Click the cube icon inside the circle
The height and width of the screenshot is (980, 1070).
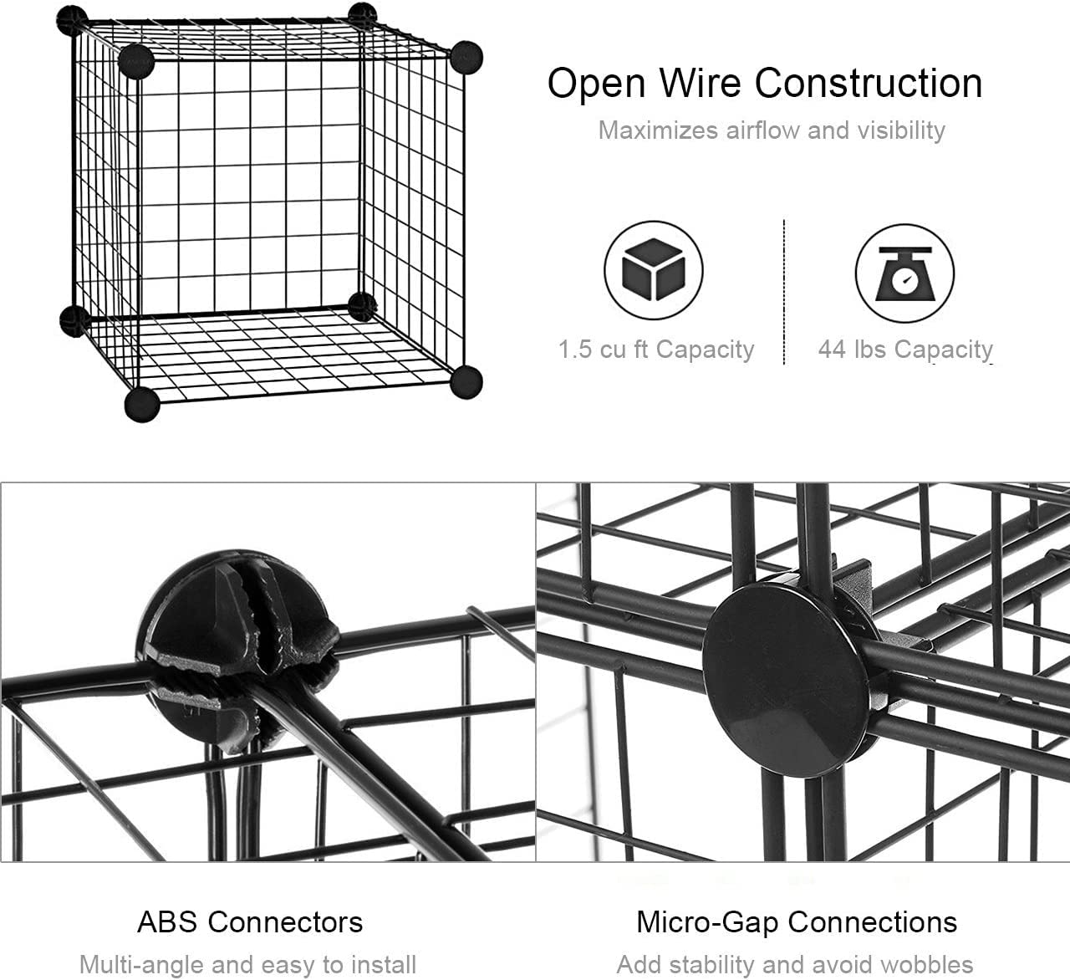point(654,269)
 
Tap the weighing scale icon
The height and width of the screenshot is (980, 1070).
point(904,273)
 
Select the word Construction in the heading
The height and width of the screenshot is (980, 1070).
point(869,84)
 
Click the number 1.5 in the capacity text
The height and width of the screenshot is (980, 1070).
point(575,350)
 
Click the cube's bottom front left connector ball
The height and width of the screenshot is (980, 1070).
point(142,405)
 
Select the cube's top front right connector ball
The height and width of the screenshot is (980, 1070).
point(466,57)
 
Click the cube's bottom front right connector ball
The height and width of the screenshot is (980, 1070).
point(466,382)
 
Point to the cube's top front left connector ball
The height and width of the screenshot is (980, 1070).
point(135,61)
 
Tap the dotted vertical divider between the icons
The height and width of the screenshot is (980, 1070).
point(783,292)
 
